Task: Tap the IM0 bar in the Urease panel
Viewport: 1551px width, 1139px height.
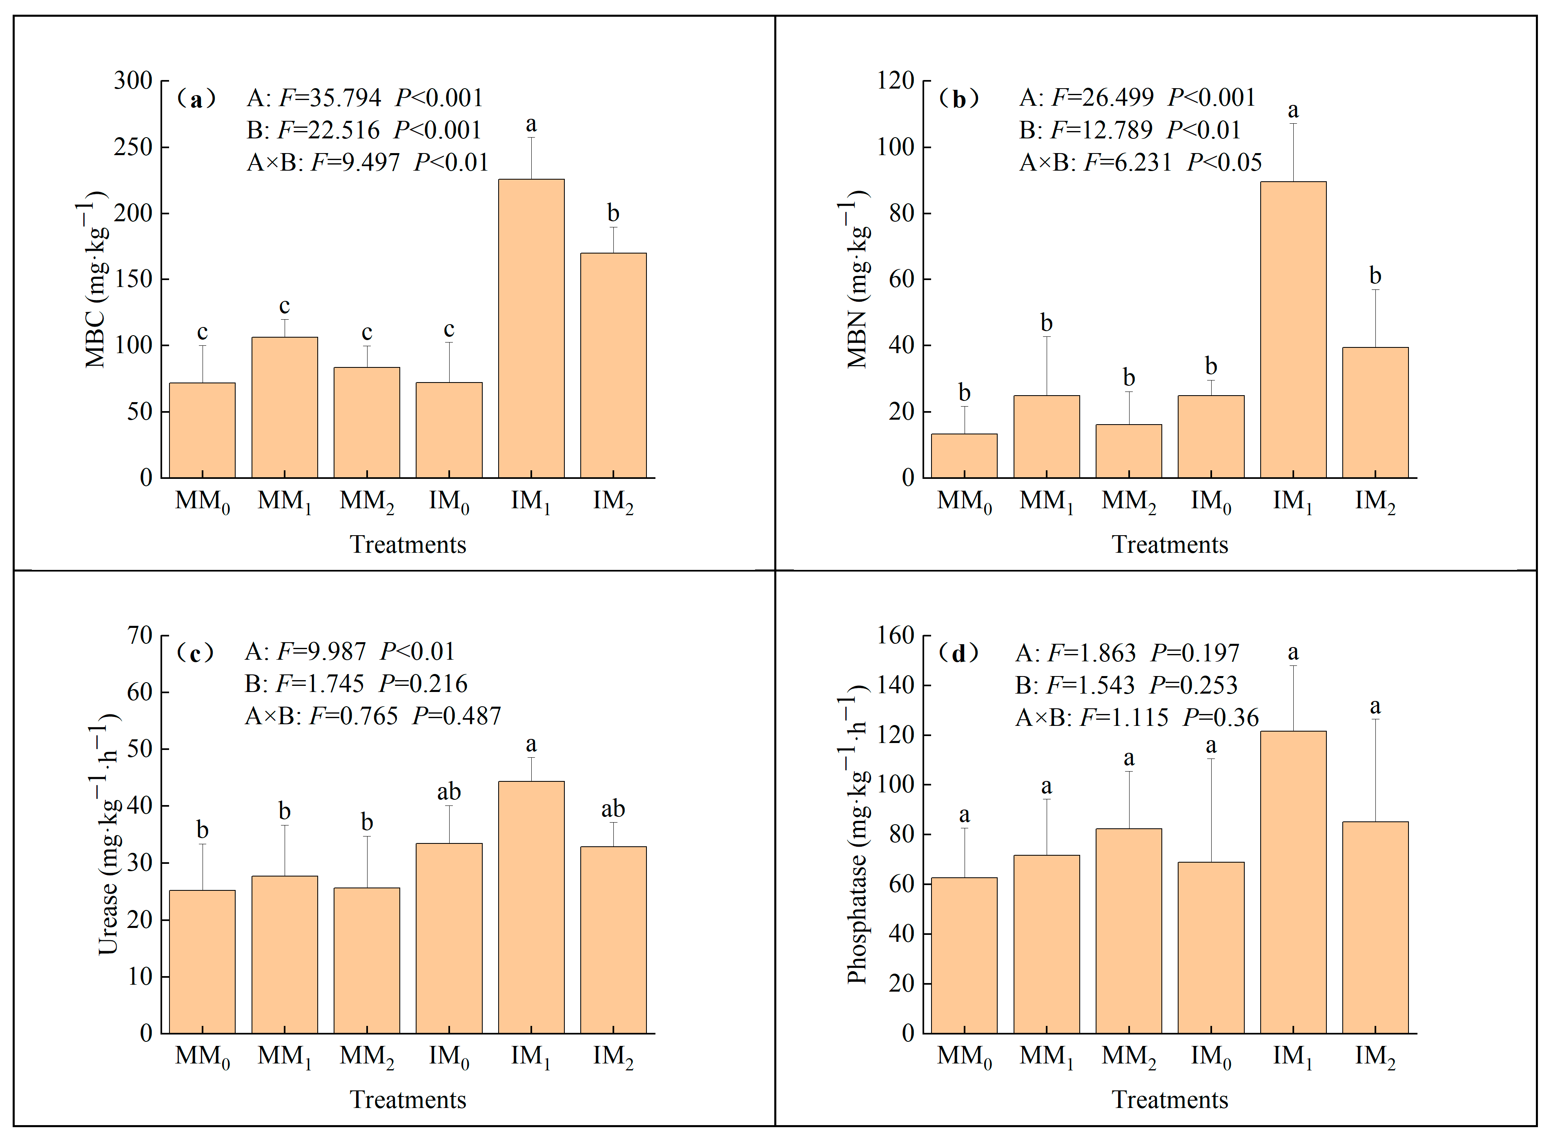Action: pyautogui.click(x=449, y=938)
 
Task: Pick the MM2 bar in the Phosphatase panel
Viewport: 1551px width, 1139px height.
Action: pyautogui.click(x=1128, y=931)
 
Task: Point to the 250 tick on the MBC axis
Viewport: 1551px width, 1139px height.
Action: pyautogui.click(x=134, y=147)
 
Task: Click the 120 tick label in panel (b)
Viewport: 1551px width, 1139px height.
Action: pyautogui.click(x=895, y=81)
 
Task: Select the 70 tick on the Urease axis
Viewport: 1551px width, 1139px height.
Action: pyautogui.click(x=140, y=635)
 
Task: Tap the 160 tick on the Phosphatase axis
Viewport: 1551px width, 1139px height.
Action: pyautogui.click(x=895, y=635)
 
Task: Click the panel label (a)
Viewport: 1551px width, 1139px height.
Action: pyautogui.click(x=196, y=99)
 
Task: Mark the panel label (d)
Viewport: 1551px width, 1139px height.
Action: pyautogui.click(x=958, y=653)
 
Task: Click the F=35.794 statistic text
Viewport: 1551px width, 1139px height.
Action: pyautogui.click(x=330, y=98)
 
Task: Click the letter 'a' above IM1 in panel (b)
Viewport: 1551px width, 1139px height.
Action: pyautogui.click(x=1293, y=110)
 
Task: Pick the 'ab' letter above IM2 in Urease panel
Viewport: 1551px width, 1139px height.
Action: pyautogui.click(x=613, y=809)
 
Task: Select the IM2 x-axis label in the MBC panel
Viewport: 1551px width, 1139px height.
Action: pyautogui.click(x=613, y=502)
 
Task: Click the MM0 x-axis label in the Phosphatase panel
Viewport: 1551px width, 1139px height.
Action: pyautogui.click(x=963, y=1057)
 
